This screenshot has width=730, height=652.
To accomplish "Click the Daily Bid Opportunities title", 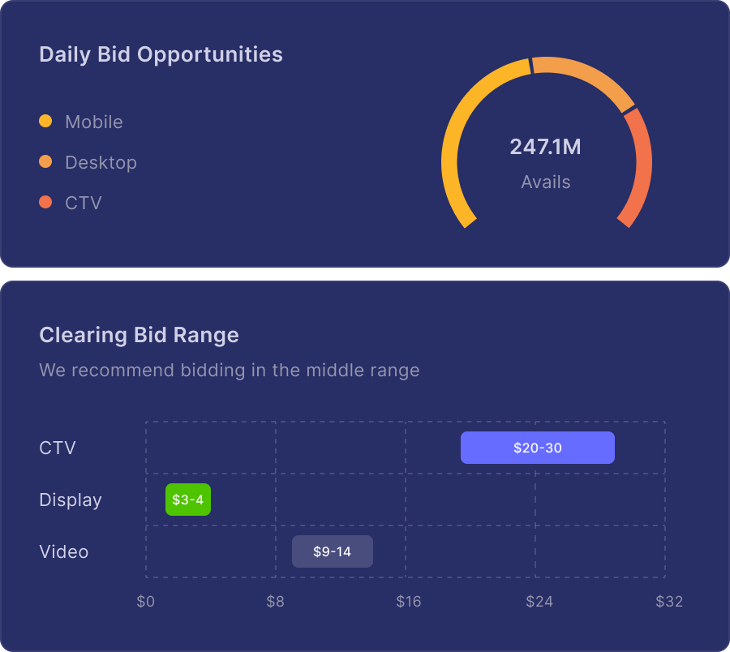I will [161, 54].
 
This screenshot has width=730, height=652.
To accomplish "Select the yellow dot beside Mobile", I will [45, 122].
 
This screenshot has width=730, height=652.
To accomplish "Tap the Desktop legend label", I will [101, 162].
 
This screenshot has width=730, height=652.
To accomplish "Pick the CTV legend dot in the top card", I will [45, 202].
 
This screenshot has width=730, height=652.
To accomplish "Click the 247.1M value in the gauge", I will [545, 147].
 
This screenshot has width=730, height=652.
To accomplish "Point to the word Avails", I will [545, 182].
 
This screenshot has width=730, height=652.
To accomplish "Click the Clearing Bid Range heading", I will [139, 335].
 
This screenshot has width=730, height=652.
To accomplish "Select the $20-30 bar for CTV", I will [537, 448].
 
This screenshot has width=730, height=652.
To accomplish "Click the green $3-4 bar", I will [187, 500].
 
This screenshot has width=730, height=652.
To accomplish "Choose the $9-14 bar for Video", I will [332, 551].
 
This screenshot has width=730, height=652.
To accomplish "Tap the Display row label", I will [71, 500].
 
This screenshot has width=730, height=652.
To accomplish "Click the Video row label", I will [63, 551].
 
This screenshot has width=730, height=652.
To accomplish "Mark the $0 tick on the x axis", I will [145, 602].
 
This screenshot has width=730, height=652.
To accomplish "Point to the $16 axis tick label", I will [408, 602].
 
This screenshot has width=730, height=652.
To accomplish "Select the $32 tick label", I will [669, 602].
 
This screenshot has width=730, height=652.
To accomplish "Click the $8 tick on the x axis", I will [276, 602].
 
